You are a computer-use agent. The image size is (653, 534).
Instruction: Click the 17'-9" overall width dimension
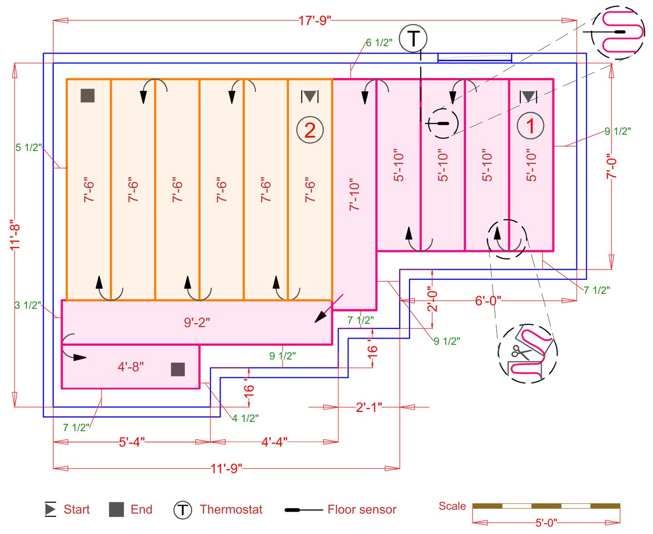(x=315, y=21)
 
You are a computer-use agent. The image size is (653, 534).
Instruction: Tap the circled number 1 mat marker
(x=530, y=126)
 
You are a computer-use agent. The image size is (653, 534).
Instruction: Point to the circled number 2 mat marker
(x=310, y=130)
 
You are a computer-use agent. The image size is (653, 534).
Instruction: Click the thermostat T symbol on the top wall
(x=413, y=38)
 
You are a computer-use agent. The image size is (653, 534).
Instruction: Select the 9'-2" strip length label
(x=197, y=322)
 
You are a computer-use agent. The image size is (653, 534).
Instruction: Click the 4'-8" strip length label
(x=131, y=367)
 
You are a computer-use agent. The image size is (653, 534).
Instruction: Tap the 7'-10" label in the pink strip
(x=354, y=194)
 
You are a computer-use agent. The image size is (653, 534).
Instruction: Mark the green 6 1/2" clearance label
(x=379, y=43)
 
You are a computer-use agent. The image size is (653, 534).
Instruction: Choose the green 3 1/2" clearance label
(x=28, y=305)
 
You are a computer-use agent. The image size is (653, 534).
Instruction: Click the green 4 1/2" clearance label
(x=245, y=418)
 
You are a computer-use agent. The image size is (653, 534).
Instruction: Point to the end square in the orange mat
(x=88, y=96)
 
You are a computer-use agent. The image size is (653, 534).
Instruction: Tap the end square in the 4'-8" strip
(x=178, y=369)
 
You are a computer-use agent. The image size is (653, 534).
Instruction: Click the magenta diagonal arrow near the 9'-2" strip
(x=329, y=308)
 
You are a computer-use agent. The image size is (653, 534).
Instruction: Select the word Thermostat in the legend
(x=231, y=509)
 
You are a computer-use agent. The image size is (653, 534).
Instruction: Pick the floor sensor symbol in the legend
(x=303, y=510)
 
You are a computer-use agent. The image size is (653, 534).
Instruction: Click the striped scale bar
(x=546, y=506)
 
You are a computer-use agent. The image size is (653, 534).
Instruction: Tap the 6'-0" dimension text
(x=488, y=301)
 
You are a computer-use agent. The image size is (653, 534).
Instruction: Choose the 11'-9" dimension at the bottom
(x=226, y=468)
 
